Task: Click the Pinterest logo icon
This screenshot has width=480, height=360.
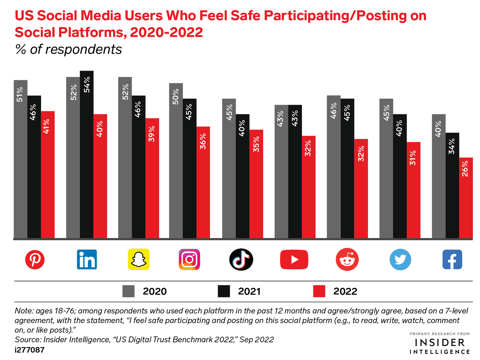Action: tap(35, 259)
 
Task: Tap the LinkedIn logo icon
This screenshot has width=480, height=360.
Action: tap(87, 259)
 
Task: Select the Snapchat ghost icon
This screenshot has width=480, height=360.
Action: tap(139, 259)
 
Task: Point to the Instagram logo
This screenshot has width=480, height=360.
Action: tap(189, 259)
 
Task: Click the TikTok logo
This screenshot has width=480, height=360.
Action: tap(241, 259)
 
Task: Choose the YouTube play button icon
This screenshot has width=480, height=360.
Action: tap(294, 259)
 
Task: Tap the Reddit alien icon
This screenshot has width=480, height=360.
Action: tap(347, 259)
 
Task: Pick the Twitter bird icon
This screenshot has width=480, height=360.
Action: tap(400, 259)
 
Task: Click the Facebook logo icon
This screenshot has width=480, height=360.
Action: tap(452, 259)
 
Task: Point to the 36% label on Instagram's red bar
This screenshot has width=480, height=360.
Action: tap(203, 141)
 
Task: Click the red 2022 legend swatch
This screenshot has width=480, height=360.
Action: tap(319, 291)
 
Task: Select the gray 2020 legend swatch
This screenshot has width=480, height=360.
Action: tap(128, 291)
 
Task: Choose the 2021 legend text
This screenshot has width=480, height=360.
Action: tap(249, 291)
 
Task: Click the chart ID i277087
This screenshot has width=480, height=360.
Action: tap(30, 350)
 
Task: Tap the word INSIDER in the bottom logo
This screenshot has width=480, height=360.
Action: tap(440, 343)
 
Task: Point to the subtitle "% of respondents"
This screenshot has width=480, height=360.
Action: tap(68, 49)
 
